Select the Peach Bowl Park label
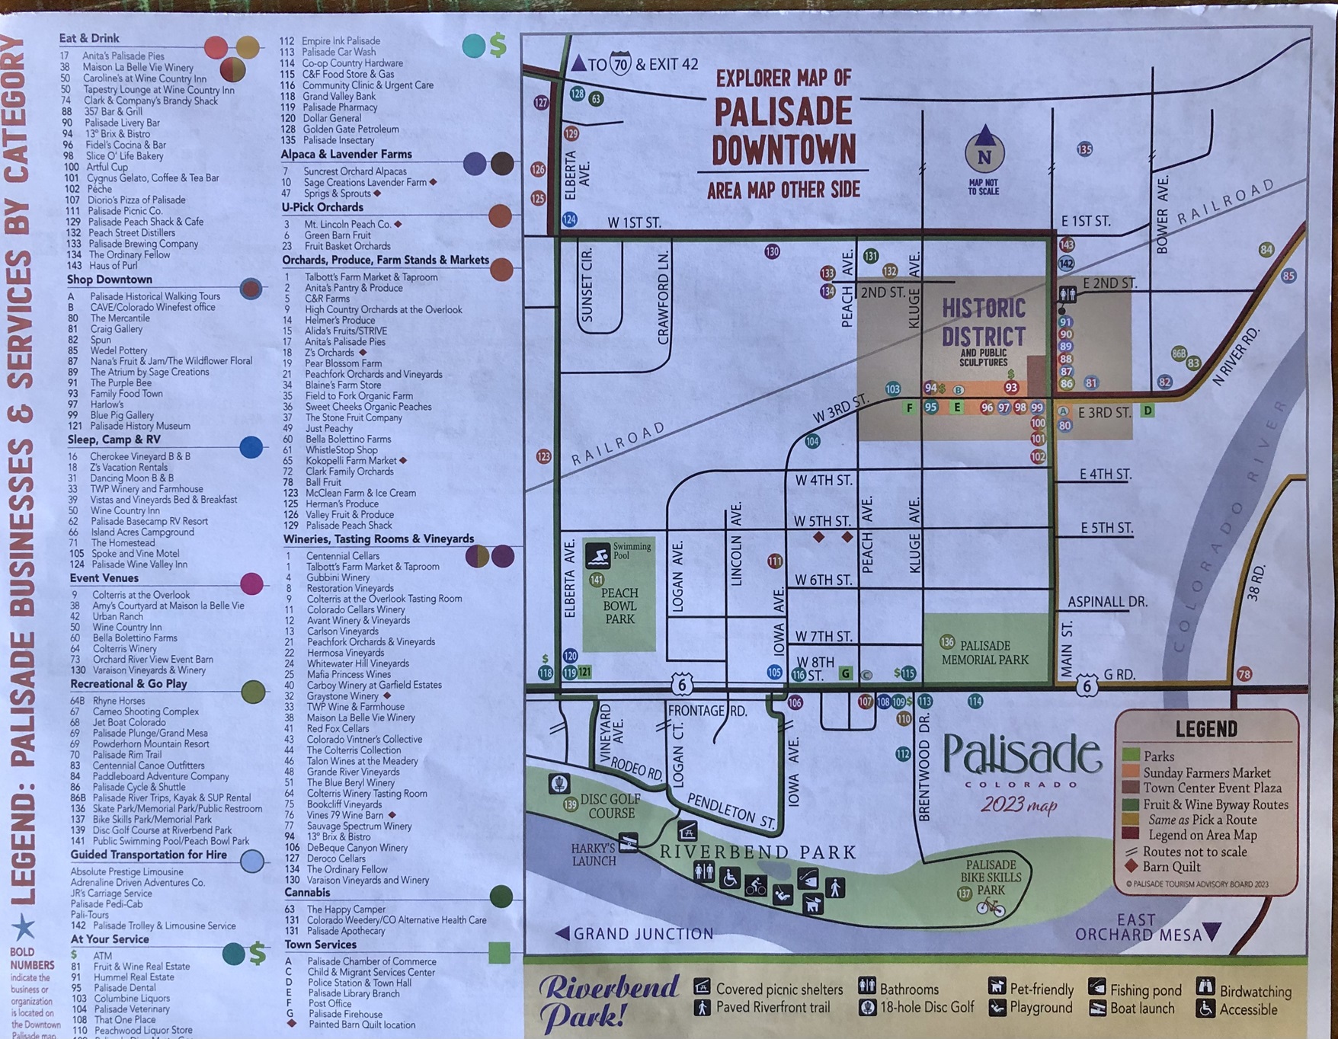(619, 606)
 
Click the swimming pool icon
(597, 556)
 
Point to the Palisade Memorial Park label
(984, 652)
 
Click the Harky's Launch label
(594, 855)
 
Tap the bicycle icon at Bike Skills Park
(990, 906)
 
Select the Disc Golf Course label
(611, 806)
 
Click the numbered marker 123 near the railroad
(543, 456)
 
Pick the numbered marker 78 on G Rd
(1244, 674)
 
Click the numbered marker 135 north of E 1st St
(1084, 149)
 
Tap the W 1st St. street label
(634, 222)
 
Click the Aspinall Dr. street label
(1106, 601)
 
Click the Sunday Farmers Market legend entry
(1206, 772)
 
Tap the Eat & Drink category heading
(89, 38)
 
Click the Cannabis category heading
(307, 892)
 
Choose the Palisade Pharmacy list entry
(340, 107)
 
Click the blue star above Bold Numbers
(24, 927)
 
